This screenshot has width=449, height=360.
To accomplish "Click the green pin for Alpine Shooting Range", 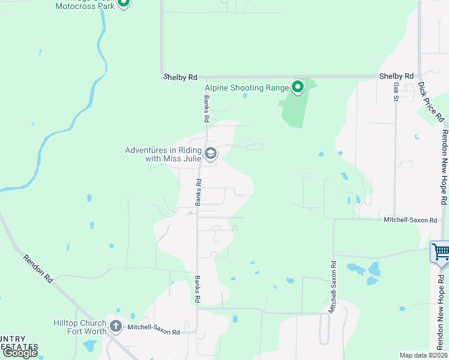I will pyautogui.click(x=298, y=88).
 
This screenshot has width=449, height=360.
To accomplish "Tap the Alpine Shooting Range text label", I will pyautogui.click(x=247, y=88).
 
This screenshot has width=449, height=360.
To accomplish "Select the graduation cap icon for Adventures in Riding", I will pyautogui.click(x=211, y=154).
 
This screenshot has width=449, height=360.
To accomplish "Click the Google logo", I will pyautogui.click(x=20, y=353).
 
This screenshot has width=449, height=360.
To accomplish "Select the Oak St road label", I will pyautogui.click(x=396, y=92).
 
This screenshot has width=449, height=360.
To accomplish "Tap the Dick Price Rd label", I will pyautogui.click(x=429, y=101).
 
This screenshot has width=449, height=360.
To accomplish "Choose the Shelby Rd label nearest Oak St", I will pyautogui.click(x=396, y=76).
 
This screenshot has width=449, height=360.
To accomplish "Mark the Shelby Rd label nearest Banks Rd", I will pyautogui.click(x=181, y=77).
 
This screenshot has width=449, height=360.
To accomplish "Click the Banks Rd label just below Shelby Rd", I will pyautogui.click(x=206, y=109).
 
